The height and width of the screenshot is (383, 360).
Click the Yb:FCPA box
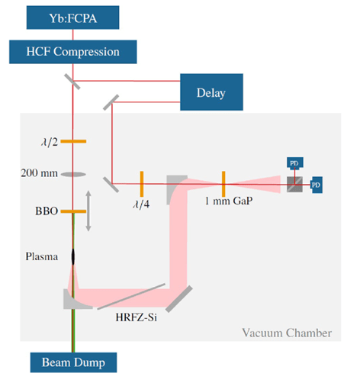coord(72,18)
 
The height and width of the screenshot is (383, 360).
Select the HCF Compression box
coord(73,52)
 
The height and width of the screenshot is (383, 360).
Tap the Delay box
coord(211,92)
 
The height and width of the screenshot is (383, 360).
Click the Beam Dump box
coord(73,362)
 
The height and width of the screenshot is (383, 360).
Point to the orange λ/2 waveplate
coord(73,141)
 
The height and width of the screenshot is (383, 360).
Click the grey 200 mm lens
coord(73,175)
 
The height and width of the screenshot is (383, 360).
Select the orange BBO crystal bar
coord(73,211)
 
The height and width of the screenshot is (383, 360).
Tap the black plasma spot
coord(73,257)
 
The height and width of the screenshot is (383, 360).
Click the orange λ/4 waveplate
coord(142,184)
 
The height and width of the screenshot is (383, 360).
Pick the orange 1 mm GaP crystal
coord(223,184)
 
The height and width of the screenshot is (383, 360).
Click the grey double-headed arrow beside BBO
coord(88,211)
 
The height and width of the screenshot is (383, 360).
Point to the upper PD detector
coord(295,163)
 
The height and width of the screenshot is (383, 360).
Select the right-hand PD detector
coord(317,185)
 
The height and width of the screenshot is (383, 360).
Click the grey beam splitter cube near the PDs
coord(294,185)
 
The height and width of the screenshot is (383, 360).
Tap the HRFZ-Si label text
coord(137,317)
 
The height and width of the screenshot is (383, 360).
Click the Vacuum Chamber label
coord(287,333)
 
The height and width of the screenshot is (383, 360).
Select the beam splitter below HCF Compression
coord(72,82)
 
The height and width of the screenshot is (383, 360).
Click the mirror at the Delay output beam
coord(111,102)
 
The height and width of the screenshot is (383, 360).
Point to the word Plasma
coord(42,256)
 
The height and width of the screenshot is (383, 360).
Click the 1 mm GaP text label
coord(229,201)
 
